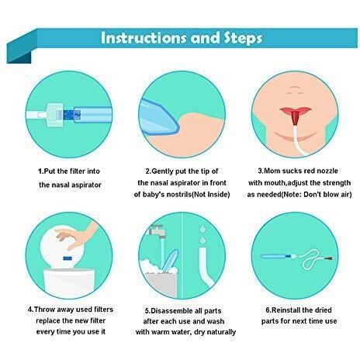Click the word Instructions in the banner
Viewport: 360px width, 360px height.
[144, 38]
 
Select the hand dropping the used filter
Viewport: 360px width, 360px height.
[78, 235]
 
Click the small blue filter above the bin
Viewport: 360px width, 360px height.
[67, 258]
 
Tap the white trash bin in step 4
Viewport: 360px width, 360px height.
[69, 282]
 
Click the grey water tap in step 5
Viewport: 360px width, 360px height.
[156, 231]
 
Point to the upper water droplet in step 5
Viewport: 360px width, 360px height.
[203, 229]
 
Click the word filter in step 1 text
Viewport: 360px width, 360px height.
[78, 171]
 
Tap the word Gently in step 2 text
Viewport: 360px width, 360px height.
[163, 171]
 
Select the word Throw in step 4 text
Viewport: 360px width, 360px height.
[45, 310]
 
